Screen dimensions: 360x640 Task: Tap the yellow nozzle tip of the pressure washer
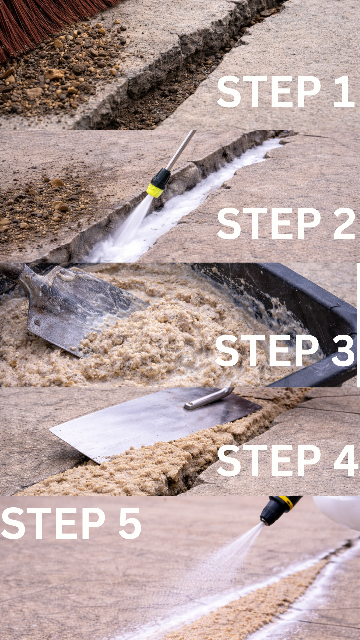(x=155, y=190)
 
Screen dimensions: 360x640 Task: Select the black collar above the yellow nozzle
(x=161, y=177)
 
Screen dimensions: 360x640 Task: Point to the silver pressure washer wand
(x=180, y=150)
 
